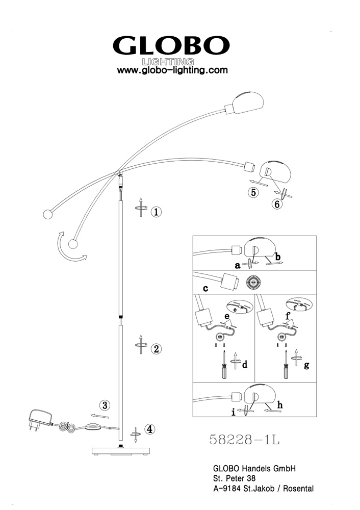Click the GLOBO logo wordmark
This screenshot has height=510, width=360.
[171, 45]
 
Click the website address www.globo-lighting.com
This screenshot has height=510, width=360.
[172, 70]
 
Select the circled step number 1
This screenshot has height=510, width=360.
[156, 212]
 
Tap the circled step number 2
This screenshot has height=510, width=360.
[156, 349]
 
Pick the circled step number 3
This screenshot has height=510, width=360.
[105, 405]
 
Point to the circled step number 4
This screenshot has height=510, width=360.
[149, 429]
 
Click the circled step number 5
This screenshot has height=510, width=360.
[253, 193]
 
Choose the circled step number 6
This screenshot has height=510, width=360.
[277, 205]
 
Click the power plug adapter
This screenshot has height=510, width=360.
[40, 420]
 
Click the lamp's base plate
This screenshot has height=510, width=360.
[121, 451]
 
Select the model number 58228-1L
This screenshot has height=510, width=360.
[244, 440]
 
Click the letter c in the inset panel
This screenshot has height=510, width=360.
[205, 288]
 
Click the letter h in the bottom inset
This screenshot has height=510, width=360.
[280, 405]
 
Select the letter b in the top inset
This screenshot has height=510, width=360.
[278, 257]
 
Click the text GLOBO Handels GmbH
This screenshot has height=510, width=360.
[254, 468]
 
